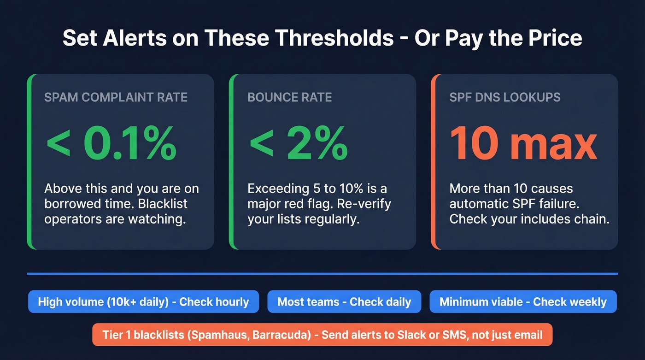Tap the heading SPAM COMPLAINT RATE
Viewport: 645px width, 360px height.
pyautogui.click(x=116, y=97)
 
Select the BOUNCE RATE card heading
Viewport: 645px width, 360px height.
pyautogui.click(x=289, y=97)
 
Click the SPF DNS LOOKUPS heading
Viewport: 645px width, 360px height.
pyautogui.click(x=505, y=97)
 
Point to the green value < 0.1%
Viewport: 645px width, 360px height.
pyautogui.click(x=111, y=143)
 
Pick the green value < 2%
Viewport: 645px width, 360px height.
pyautogui.click(x=298, y=143)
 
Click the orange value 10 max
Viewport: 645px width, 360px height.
pyautogui.click(x=523, y=143)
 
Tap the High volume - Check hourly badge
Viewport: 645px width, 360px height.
pyautogui.click(x=143, y=302)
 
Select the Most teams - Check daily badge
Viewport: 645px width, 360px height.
pyautogui.click(x=344, y=302)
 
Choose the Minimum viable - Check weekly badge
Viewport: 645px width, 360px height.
pyautogui.click(x=523, y=302)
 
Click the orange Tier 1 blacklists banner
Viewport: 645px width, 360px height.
pyautogui.click(x=322, y=335)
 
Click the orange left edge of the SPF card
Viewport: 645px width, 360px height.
pyautogui.click(x=433, y=162)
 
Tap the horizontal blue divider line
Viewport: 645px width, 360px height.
pyautogui.click(x=322, y=274)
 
